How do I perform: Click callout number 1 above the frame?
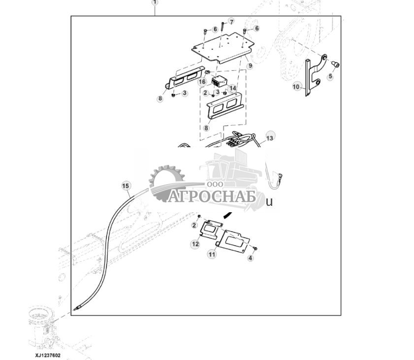point(155,2)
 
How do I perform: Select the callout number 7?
point(231,21)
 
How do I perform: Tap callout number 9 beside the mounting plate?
point(250,65)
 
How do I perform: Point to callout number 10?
point(296,87)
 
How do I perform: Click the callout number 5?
point(330,77)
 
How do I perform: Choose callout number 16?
point(202,81)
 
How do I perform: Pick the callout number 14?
point(232,88)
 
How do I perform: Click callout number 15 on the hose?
point(126,186)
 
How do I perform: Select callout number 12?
point(195,244)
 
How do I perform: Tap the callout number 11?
point(212,254)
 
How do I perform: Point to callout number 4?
point(250,258)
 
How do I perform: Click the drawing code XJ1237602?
point(47,356)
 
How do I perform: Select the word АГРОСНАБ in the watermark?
point(212,197)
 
